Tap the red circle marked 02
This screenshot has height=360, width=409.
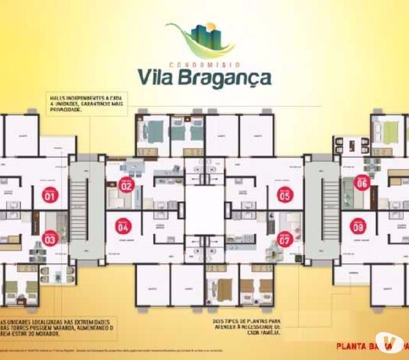126,185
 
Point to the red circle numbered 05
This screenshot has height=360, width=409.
285,195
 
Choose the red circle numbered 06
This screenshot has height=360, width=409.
362,182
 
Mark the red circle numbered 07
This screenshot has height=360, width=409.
284,238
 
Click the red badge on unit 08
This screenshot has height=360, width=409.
359,226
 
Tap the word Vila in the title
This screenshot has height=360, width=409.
157,77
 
